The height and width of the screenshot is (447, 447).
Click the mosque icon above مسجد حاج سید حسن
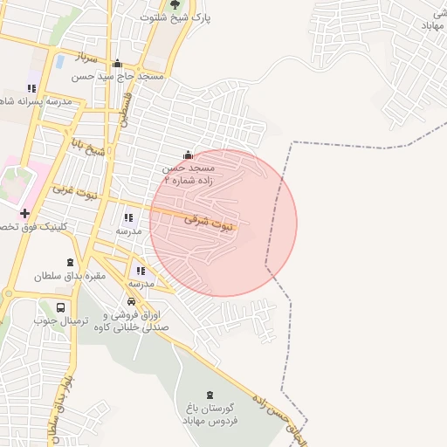(x=118, y=63)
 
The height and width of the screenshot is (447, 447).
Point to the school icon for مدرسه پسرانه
(x=32, y=88)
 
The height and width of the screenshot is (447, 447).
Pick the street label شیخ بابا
(x=87, y=146)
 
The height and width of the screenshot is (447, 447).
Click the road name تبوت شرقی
(x=209, y=223)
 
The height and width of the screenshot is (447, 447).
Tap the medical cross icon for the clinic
(x=24, y=213)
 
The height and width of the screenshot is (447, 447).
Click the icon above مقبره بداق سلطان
(x=70, y=263)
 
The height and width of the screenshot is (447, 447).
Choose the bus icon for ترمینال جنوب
(x=60, y=307)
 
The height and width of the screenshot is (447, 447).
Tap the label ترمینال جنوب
(x=58, y=321)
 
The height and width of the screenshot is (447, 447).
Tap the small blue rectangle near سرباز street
(x=59, y=62)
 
